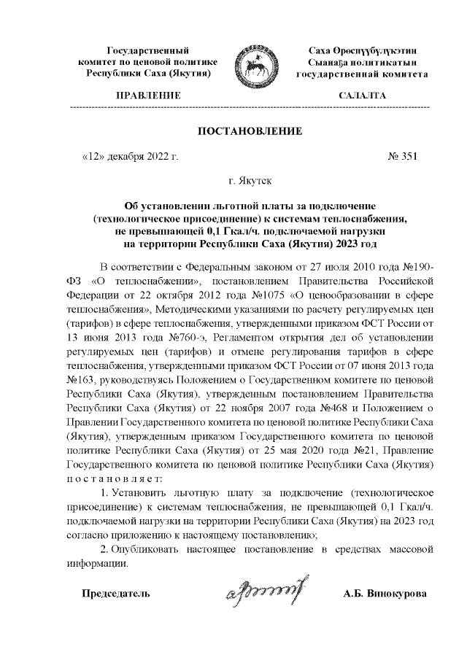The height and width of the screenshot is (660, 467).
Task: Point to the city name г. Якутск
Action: tap(250, 179)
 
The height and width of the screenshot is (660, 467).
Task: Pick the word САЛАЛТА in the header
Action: tap(363, 96)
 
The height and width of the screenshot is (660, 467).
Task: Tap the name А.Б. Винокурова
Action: tap(385, 593)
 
